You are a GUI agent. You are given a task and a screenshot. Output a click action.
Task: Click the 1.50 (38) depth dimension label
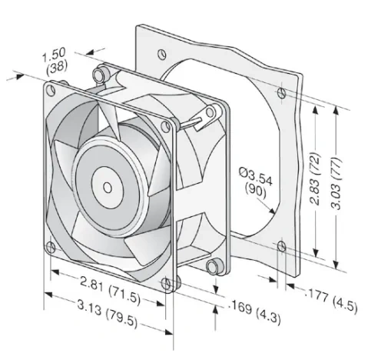[55, 62]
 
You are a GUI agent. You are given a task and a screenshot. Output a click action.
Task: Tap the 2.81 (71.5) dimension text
[111, 291]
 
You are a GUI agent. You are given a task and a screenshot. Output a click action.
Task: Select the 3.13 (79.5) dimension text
[108, 314]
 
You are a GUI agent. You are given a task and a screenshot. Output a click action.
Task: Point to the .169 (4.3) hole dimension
[256, 314]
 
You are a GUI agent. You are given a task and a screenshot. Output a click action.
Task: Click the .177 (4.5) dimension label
[331, 300]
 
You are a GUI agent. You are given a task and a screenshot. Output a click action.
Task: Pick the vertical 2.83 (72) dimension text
[315, 178]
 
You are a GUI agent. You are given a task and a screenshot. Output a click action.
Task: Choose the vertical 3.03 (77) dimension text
[336, 184]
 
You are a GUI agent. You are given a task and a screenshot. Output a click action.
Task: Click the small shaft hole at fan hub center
[108, 188]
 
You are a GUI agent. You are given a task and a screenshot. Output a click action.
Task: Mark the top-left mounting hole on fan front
[51, 90]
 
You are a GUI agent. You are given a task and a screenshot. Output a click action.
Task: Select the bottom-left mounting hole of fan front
[51, 247]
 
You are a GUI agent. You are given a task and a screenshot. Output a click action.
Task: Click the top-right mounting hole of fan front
[166, 126]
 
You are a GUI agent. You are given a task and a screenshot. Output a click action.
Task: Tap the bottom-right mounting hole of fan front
[167, 283]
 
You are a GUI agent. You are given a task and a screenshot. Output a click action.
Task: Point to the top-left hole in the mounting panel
[162, 54]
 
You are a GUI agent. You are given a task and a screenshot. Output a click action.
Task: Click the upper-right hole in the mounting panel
[281, 93]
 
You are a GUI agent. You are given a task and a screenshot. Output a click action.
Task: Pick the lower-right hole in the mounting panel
[282, 246]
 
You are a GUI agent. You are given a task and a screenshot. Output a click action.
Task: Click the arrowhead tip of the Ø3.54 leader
[274, 214]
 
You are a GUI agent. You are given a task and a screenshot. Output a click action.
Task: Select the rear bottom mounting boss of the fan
[214, 267]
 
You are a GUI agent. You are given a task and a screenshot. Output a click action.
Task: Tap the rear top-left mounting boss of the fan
[100, 75]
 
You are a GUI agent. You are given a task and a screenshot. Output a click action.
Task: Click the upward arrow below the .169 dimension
[216, 318]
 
